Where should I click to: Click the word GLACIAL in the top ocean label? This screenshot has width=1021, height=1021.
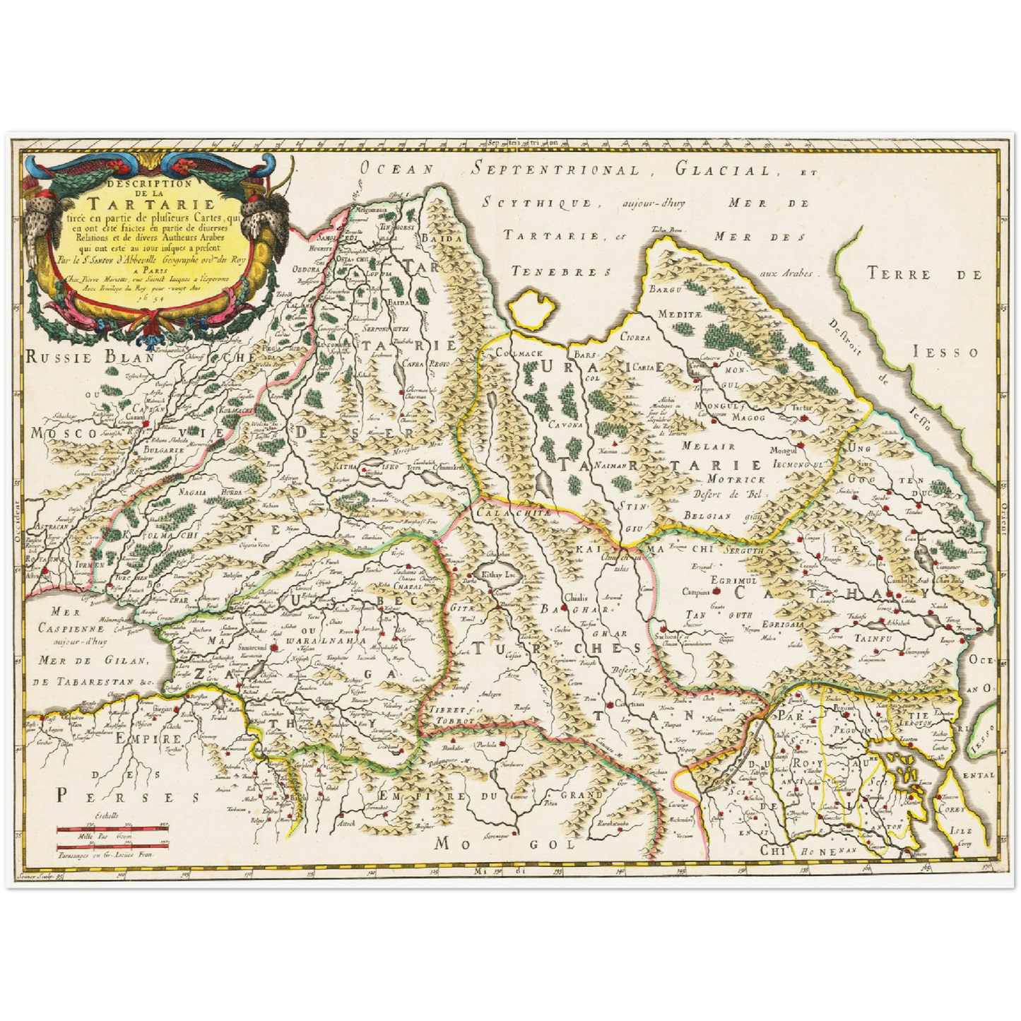pyautogui.click(x=725, y=170)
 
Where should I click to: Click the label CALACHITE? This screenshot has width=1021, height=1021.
pyautogui.click(x=514, y=512)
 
